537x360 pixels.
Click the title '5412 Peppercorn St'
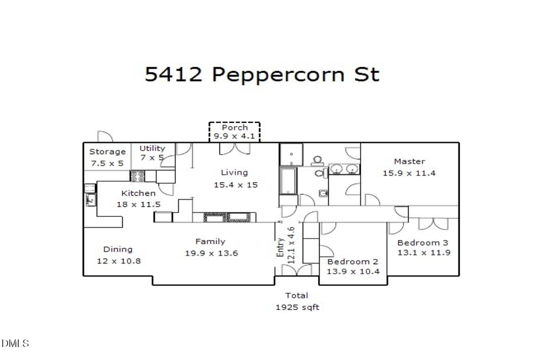pyautogui.click(x=262, y=75)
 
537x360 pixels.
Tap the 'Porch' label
pyautogui.click(x=234, y=128)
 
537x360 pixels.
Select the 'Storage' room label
pyautogui.click(x=107, y=152)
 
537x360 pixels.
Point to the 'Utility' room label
pyautogui.click(x=152, y=148)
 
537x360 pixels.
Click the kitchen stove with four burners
pyautogui.click(x=137, y=176)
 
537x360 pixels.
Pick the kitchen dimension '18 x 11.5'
pyautogui.click(x=138, y=204)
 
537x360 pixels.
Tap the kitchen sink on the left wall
pyautogui.click(x=91, y=196)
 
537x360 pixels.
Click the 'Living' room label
pyautogui.click(x=234, y=173)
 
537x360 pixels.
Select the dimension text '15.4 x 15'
pyautogui.click(x=236, y=184)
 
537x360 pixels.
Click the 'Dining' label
pyautogui.click(x=118, y=249)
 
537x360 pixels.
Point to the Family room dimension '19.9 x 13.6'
pyautogui.click(x=211, y=253)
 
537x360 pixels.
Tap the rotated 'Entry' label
pyautogui.click(x=280, y=247)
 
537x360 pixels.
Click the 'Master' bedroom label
pyautogui.click(x=409, y=161)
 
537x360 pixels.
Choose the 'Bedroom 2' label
pyautogui.click(x=352, y=261)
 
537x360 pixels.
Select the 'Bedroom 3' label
pyautogui.click(x=423, y=242)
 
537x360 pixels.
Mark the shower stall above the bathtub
pyautogui.click(x=291, y=155)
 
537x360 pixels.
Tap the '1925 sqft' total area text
pyautogui.click(x=297, y=307)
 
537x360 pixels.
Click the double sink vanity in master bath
pyautogui.click(x=344, y=170)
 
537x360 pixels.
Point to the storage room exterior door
pyautogui.click(x=105, y=137)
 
